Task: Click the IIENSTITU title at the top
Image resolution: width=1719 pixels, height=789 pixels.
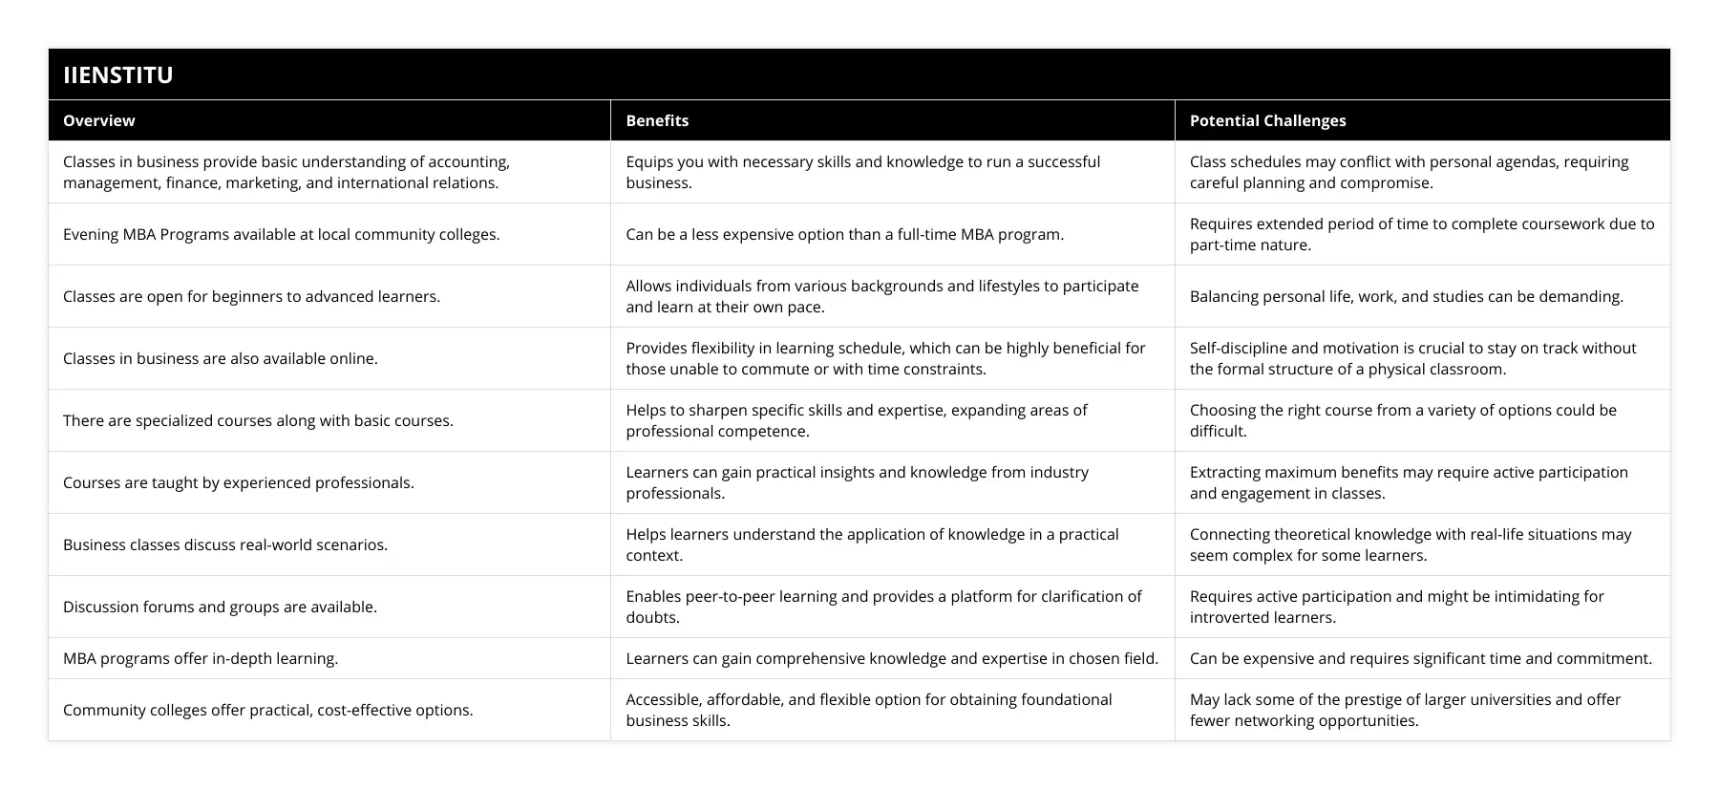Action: coord(118,75)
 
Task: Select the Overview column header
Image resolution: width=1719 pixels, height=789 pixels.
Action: coord(99,120)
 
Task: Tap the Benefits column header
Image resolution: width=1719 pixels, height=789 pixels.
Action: coord(657,120)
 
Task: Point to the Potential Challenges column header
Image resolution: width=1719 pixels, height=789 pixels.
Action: coord(1267,120)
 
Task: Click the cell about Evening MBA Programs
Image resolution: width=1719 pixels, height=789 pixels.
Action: coord(282,234)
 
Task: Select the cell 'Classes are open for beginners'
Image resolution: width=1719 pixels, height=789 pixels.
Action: coord(252,296)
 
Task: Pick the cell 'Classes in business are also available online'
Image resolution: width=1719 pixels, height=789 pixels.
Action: coord(221,358)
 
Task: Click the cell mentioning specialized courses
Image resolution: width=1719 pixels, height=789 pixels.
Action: coord(259,420)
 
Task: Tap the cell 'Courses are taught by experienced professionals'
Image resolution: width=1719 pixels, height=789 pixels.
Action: coord(239,482)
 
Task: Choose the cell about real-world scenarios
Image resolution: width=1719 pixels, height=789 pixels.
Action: coord(225,544)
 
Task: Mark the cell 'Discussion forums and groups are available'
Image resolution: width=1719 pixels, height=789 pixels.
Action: coord(221,607)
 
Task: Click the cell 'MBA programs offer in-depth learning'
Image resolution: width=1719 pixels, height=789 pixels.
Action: coord(201,658)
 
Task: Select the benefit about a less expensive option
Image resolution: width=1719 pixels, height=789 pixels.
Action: coord(844,234)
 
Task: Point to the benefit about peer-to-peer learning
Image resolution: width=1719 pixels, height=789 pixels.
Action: coord(883,607)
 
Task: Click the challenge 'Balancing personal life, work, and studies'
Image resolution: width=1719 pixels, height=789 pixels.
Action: coord(1406,296)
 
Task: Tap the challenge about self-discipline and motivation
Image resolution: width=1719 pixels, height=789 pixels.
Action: coord(1412,358)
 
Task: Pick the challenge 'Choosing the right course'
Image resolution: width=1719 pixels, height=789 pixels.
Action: coord(1403,420)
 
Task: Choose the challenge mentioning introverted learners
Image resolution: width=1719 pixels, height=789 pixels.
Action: coord(1396,607)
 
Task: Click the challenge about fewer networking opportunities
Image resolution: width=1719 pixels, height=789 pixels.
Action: coord(1405,710)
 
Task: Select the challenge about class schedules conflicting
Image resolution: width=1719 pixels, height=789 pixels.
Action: coord(1409,172)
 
